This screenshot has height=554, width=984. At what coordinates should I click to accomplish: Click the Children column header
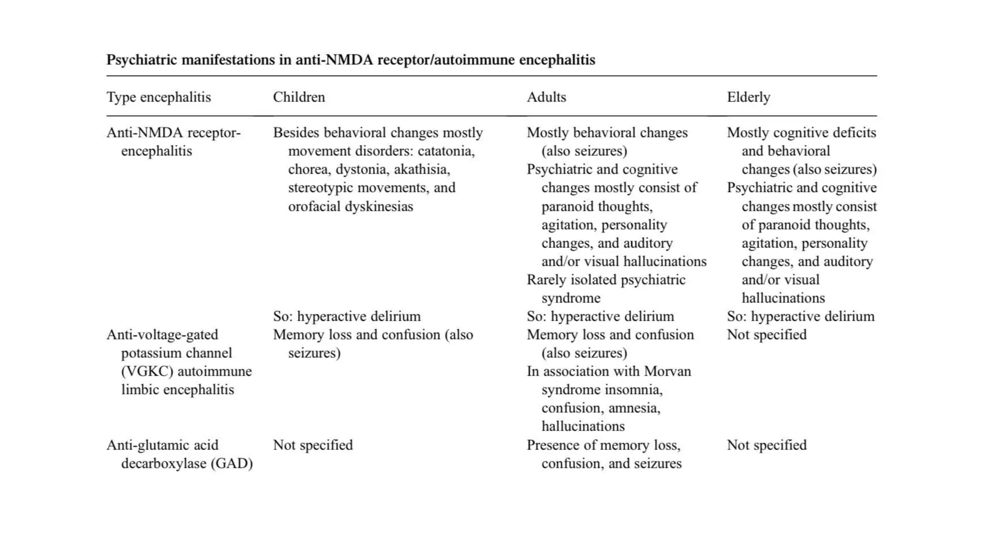pyautogui.click(x=299, y=97)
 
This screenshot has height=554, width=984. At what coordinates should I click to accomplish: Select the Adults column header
pyautogui.click(x=546, y=97)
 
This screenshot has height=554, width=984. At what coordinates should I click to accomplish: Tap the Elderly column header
pyautogui.click(x=748, y=97)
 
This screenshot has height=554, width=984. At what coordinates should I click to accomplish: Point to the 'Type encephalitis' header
pyautogui.click(x=159, y=97)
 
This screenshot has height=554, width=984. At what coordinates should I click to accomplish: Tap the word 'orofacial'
pyautogui.click(x=314, y=207)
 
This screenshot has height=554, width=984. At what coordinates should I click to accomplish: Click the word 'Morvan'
pyautogui.click(x=667, y=371)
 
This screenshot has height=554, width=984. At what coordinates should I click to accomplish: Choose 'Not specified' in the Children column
pyautogui.click(x=313, y=445)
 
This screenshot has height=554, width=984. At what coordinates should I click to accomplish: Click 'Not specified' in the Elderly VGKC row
pyautogui.click(x=766, y=335)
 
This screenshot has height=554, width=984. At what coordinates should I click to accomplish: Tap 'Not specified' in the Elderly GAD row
pyautogui.click(x=766, y=445)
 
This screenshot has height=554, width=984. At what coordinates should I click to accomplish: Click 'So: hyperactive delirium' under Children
pyautogui.click(x=346, y=316)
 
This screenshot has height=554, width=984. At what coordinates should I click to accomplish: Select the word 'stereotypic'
pyautogui.click(x=320, y=188)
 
